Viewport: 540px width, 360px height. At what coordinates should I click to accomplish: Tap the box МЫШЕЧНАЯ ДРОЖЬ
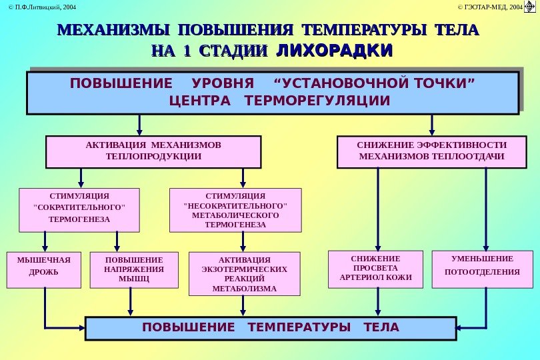click(39, 269)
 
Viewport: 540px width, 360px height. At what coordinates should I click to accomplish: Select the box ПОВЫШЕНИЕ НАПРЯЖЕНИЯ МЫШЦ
click(134, 269)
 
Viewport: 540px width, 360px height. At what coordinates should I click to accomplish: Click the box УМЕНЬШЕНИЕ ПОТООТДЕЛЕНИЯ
click(483, 269)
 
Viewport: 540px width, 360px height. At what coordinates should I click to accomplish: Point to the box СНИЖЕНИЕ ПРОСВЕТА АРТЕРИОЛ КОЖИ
click(376, 269)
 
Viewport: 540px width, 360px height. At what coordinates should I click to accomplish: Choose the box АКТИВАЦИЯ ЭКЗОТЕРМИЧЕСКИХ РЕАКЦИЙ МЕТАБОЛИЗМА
click(244, 273)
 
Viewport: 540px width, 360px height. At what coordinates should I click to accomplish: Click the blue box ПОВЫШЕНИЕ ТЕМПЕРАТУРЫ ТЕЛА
click(270, 328)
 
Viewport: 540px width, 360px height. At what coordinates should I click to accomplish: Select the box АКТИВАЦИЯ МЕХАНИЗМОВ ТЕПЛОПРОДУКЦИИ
click(153, 152)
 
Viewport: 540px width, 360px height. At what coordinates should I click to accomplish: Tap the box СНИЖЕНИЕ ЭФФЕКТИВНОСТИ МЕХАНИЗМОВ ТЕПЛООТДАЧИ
click(431, 152)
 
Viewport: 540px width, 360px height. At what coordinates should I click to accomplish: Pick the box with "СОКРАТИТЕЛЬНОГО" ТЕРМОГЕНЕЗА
click(79, 209)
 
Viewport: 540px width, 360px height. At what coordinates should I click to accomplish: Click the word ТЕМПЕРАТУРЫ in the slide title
click(365, 31)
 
